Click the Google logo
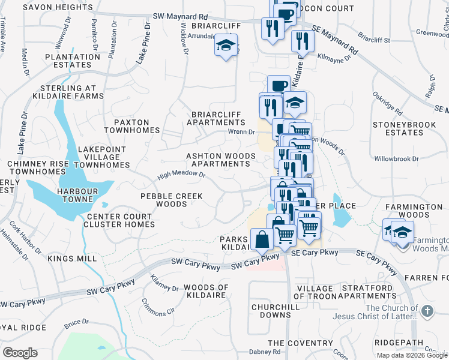coord(20,353)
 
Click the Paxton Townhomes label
coord(132,125)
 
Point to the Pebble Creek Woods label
coord(172,200)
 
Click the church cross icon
coord(427,311)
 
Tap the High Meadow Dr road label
coord(181,176)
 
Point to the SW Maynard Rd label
coord(179,17)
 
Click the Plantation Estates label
coord(72,61)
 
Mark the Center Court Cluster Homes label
coord(121,220)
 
